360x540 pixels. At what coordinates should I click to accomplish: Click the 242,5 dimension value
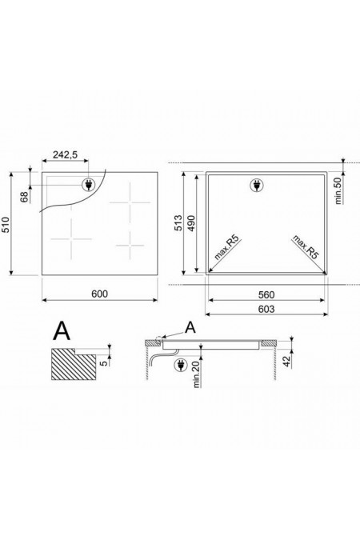[x=65, y=155]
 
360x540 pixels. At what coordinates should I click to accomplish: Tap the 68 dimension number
[x=25, y=197]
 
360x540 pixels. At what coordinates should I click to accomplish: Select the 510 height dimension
[x=6, y=225]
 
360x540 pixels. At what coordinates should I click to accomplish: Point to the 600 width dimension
[x=99, y=294]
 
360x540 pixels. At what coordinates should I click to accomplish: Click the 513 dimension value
[x=178, y=223]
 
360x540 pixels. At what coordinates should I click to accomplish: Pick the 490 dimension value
[x=191, y=223]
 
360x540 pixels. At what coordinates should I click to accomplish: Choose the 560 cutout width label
[x=266, y=294]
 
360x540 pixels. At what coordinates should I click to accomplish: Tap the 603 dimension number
[x=266, y=310]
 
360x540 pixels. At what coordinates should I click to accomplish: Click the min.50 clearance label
[x=338, y=190]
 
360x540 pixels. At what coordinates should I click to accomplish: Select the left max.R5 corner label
[x=226, y=248]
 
